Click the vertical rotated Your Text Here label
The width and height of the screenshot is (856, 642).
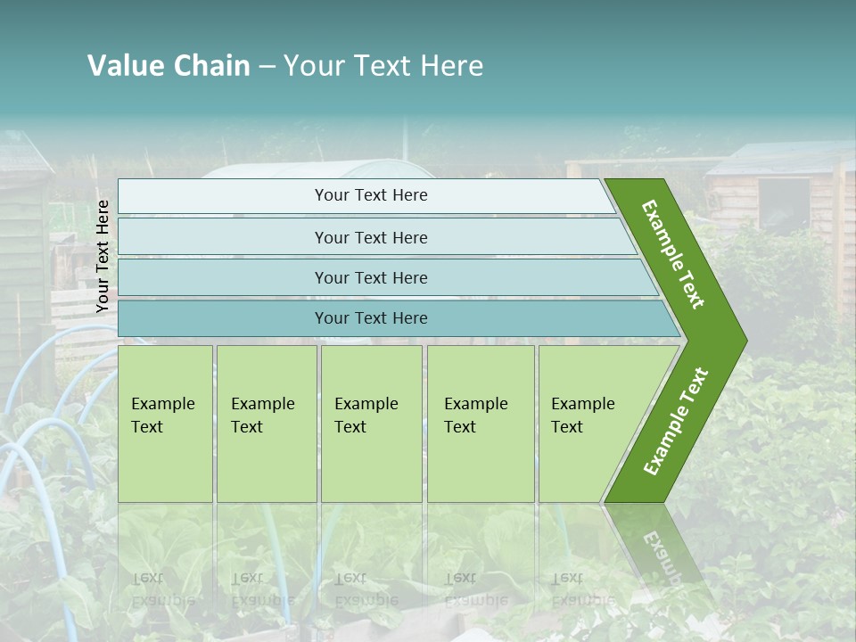point(103,257)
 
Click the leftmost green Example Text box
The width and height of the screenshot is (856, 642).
point(165,424)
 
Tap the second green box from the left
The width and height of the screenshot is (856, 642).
point(267,424)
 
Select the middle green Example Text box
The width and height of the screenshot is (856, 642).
point(371,424)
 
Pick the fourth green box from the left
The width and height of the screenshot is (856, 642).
point(481,424)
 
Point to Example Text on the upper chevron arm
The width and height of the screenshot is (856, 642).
point(673,254)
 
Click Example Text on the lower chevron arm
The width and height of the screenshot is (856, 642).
point(676,422)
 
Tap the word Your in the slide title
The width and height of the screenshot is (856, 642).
point(312,66)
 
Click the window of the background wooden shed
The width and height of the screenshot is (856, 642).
point(784,205)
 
